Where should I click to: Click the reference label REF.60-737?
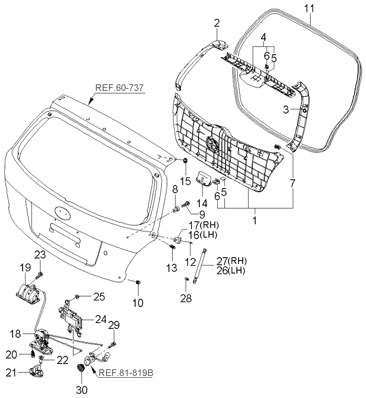[x=119, y=89]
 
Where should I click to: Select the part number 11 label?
[x=309, y=8]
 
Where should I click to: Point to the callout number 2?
[x=217, y=24]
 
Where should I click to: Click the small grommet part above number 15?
[x=185, y=161]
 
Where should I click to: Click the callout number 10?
[x=137, y=303]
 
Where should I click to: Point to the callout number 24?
[x=99, y=318]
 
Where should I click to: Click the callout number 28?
[x=186, y=298]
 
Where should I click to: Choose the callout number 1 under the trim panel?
[x=255, y=221]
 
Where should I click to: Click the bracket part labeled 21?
[x=36, y=371]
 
